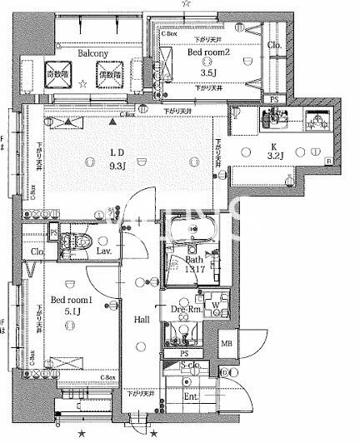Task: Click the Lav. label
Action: click(x=104, y=250)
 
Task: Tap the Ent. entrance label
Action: click(x=192, y=396)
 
